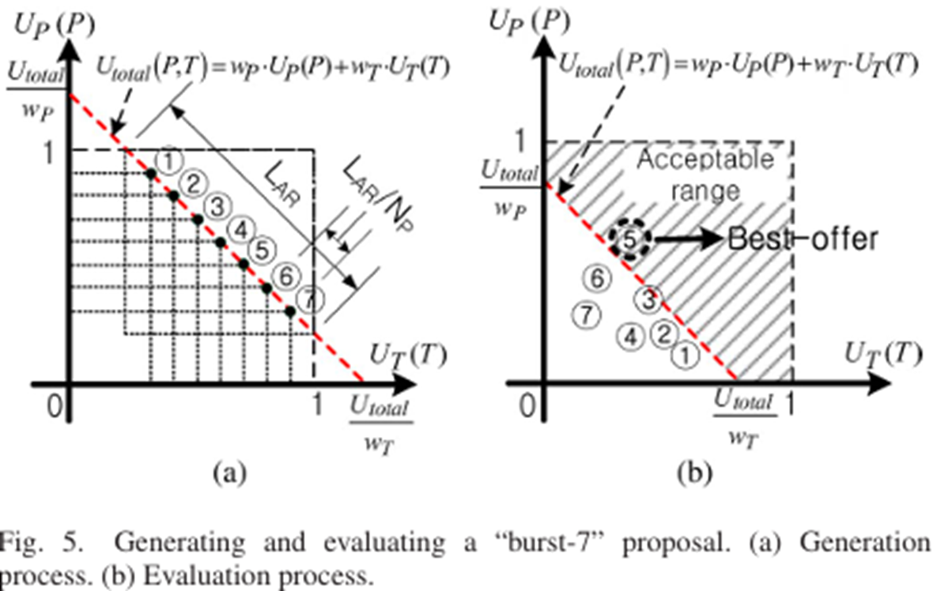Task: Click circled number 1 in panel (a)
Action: click(168, 160)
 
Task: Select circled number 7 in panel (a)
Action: click(311, 299)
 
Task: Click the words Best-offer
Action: click(801, 239)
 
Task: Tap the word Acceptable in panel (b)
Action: click(705, 160)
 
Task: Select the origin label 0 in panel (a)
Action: click(55, 405)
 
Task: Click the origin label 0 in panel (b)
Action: click(529, 405)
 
